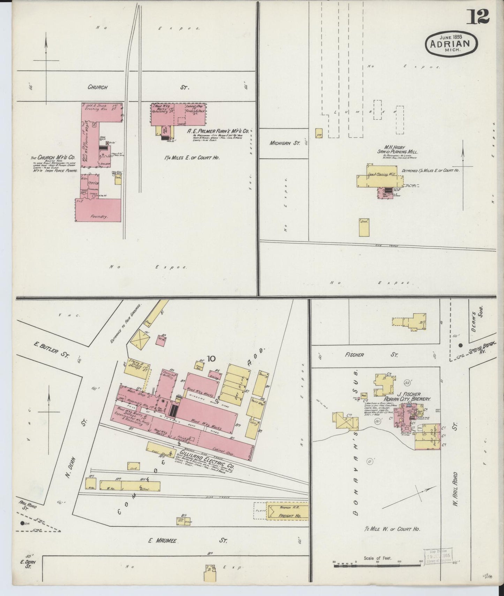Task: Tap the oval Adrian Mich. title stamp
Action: coord(451,43)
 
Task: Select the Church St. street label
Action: coord(97,87)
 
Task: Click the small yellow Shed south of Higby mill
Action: coord(364,228)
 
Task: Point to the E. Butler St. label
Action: coord(51,350)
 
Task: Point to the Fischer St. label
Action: coord(354,355)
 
